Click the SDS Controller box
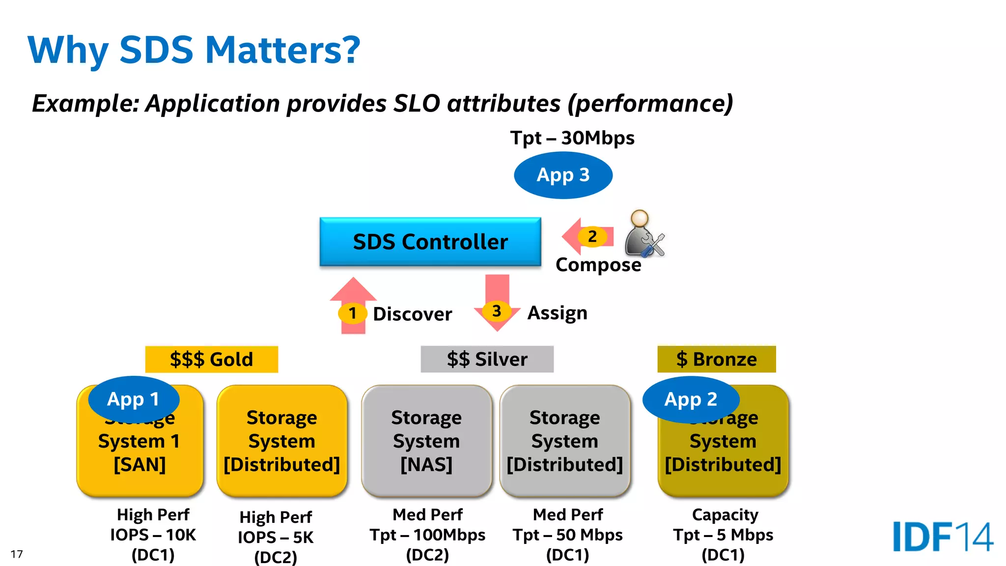coord(430,242)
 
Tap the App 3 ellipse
coord(563,175)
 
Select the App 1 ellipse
coord(133,399)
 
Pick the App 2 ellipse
coord(690,399)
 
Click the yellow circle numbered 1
coord(352,313)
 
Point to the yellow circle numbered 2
coord(592,236)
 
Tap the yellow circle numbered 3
coord(497,311)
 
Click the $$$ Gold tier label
coord(211,359)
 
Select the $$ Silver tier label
coord(487,359)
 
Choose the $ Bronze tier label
coord(716,359)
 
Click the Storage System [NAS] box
coord(426,441)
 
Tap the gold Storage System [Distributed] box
coord(282,441)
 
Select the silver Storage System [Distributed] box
coord(565,441)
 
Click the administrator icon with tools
coord(643,233)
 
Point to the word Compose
coord(598,264)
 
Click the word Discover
coord(412,314)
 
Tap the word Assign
coord(557,313)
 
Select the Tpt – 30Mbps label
coord(572,138)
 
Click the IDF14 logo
coord(942,537)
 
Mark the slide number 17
coord(17,554)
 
